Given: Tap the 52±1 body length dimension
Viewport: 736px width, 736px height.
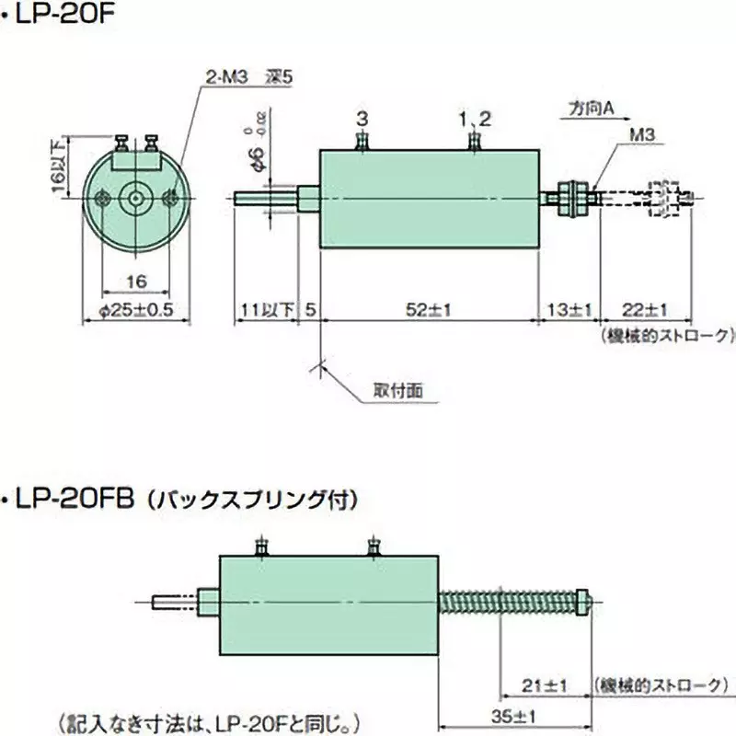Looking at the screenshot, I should tap(428, 310).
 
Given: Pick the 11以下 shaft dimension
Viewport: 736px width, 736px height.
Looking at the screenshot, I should tap(265, 310).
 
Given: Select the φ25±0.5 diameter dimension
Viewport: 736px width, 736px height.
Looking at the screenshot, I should tap(135, 310).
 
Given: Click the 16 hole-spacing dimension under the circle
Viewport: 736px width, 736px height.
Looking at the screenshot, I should tap(136, 280).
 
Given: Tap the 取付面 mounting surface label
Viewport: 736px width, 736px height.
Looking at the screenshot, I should tap(398, 390).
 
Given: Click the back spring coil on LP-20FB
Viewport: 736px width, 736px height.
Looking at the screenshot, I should tap(506, 601).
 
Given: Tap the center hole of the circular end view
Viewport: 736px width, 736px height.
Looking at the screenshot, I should tap(136, 197).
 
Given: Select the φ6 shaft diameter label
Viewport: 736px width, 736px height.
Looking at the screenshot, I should tap(260, 156).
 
